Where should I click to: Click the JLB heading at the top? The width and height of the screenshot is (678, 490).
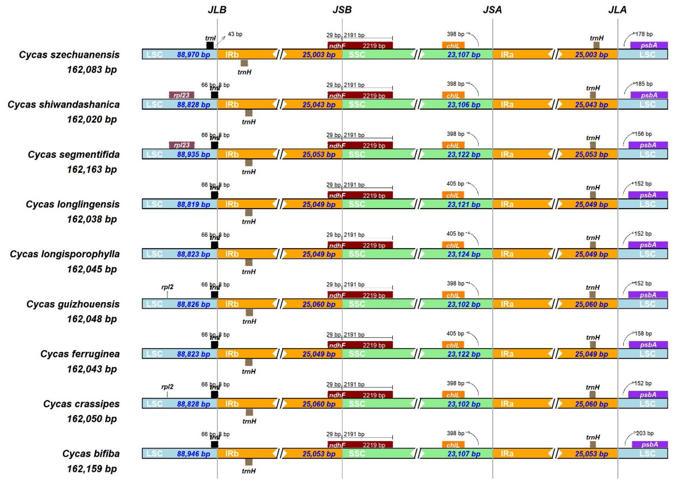pyautogui.click(x=217, y=10)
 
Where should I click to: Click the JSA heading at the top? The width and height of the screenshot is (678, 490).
pyautogui.click(x=492, y=10)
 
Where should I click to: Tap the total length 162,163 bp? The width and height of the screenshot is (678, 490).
pyautogui.click(x=92, y=170)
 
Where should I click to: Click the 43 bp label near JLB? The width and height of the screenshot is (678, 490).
pyautogui.click(x=235, y=34)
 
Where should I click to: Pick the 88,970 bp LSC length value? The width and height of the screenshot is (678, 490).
pyautogui.click(x=193, y=55)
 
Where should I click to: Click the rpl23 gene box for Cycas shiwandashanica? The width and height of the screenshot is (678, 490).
pyautogui.click(x=181, y=95)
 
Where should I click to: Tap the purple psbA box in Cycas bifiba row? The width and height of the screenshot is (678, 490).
pyautogui.click(x=650, y=445)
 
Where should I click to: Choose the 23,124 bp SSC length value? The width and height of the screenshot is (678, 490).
pyautogui.click(x=464, y=254)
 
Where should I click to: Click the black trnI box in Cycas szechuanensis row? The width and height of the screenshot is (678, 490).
pyautogui.click(x=210, y=45)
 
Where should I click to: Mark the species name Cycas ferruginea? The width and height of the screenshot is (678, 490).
pyautogui.click(x=80, y=354)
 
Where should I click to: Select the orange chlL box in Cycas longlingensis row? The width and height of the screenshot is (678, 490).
pyautogui.click(x=453, y=195)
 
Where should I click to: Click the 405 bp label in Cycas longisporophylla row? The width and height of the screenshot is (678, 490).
pyautogui.click(x=455, y=234)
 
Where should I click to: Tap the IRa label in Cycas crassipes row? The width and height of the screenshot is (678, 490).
pyautogui.click(x=507, y=404)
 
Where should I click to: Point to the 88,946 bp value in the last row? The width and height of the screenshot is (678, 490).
pyautogui.click(x=193, y=454)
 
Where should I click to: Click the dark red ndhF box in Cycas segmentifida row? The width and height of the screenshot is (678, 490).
pyautogui.click(x=360, y=145)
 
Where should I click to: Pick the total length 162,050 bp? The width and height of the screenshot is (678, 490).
pyautogui.click(x=92, y=419)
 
